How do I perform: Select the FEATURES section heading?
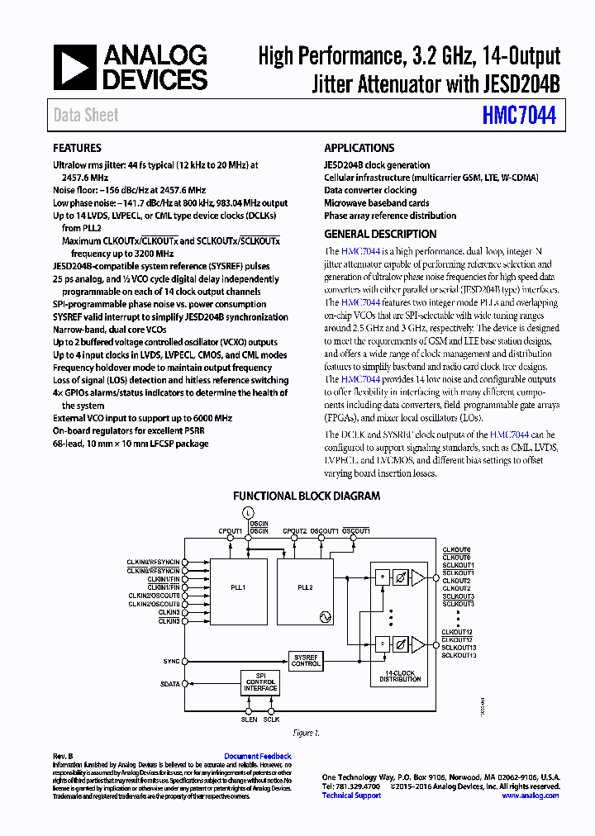pos(77,148)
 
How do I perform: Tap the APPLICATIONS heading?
pos(359,148)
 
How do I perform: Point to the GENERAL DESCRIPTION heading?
pos(380,234)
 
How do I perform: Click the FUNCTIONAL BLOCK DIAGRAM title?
pos(307,496)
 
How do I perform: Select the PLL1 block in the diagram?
pos(238,587)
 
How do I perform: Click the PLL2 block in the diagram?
pos(305,587)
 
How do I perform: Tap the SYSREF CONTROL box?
pos(306,660)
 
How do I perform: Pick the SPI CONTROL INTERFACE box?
pos(260,682)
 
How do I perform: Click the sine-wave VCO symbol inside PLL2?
pos(325,616)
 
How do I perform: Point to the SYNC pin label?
pos(171,662)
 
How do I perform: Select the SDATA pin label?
pos(169,683)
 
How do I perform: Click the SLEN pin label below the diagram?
pos(249,720)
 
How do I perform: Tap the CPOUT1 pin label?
pos(230,530)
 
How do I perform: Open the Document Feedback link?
pos(258,756)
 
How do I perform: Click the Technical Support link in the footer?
pos(351,796)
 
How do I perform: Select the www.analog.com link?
pos(531,796)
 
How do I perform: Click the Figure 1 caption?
pos(307,733)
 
